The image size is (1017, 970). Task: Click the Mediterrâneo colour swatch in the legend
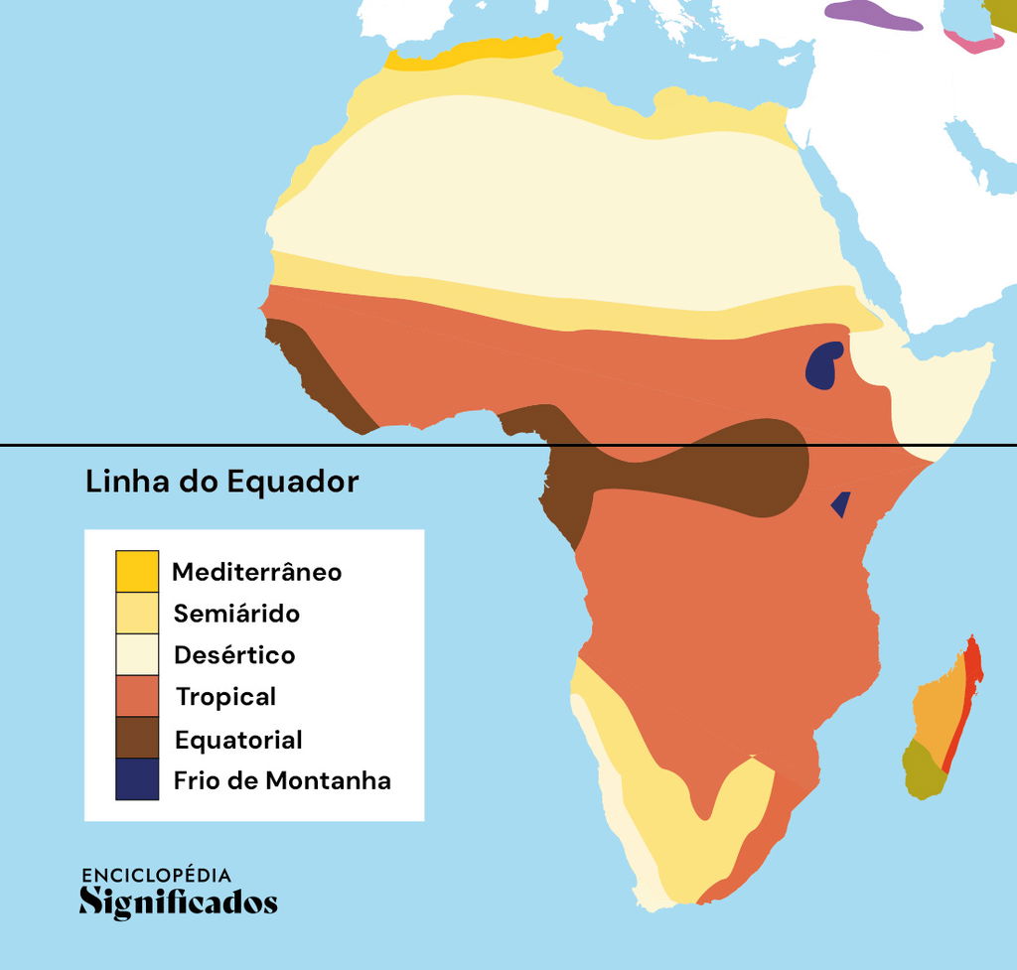[x=136, y=571]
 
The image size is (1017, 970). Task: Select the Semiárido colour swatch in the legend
[x=136, y=613]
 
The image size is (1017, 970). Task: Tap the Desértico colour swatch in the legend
[x=136, y=654]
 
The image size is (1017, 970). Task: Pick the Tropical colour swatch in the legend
[x=136, y=696]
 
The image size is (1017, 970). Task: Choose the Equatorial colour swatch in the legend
[x=136, y=738]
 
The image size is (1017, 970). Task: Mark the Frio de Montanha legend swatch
[x=136, y=779]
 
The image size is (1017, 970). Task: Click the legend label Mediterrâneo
[x=256, y=572]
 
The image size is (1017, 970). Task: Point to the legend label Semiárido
[x=236, y=614]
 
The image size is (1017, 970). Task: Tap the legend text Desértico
[x=234, y=655]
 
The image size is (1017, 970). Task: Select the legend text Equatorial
[x=238, y=740]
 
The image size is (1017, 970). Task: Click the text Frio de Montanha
[x=282, y=780]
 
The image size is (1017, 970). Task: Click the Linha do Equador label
[x=221, y=483]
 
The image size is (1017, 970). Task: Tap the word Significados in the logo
[x=178, y=902]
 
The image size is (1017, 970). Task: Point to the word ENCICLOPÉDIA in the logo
[x=156, y=875]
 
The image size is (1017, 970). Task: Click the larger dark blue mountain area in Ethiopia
[x=823, y=364]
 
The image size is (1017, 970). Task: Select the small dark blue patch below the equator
[x=841, y=505]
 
